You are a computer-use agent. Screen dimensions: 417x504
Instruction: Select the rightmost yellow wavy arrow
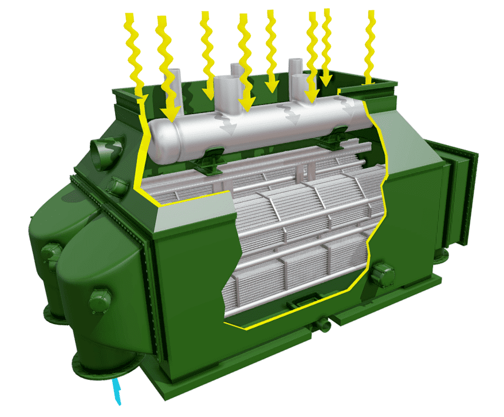(x=371, y=46)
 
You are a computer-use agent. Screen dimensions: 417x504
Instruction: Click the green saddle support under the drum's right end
(x=338, y=134)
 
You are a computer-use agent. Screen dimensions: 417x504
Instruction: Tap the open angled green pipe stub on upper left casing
(x=108, y=153)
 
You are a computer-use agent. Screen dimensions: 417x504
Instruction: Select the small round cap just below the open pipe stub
(x=119, y=186)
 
